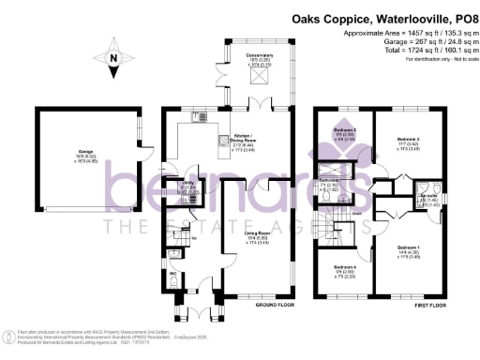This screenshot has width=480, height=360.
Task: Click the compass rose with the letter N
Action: tap(112, 64)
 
